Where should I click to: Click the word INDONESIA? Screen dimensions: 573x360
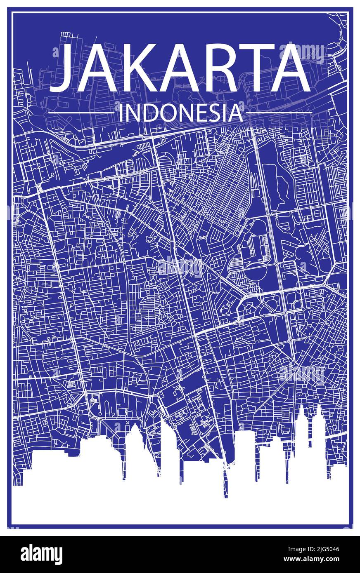[x=180, y=113]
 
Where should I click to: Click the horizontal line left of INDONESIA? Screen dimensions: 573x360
[x=81, y=113]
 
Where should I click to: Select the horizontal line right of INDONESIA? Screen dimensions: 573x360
[x=279, y=113]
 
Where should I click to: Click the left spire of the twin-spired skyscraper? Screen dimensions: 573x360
[x=301, y=416]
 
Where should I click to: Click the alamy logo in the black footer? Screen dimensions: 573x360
[x=41, y=554]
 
